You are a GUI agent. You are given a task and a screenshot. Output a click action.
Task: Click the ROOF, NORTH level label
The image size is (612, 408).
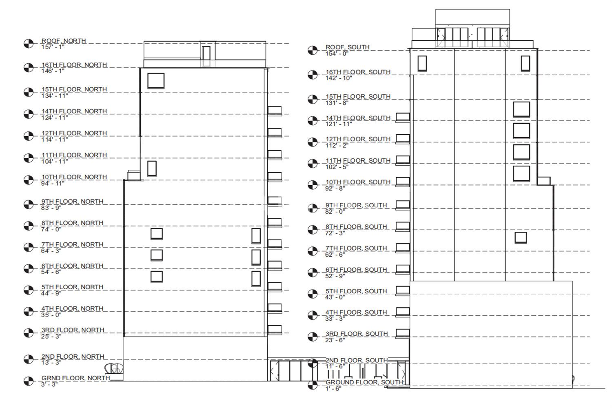click(x=64, y=41)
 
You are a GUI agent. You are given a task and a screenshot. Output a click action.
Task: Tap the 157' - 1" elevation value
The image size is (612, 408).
click(x=53, y=47)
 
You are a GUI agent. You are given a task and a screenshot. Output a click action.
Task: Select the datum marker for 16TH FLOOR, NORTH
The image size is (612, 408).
click(x=29, y=67)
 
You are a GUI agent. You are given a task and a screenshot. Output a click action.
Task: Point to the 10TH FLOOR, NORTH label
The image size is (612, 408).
click(x=74, y=177)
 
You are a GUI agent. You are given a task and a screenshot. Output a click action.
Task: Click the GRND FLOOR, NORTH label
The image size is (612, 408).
click(x=75, y=378)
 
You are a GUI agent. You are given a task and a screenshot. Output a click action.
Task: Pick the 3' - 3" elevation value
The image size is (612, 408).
click(x=49, y=384)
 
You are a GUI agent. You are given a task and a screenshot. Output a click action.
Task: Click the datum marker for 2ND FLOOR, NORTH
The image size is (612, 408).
click(x=29, y=359)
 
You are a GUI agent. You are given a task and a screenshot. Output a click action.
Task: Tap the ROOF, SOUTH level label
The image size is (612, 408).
click(x=347, y=47)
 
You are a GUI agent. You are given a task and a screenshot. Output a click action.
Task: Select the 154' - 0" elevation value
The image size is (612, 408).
click(x=337, y=53)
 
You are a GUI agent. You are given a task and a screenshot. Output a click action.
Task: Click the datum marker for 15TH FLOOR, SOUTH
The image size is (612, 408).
click(x=313, y=99)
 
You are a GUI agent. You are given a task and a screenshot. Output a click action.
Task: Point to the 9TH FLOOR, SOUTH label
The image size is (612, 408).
click(x=356, y=205)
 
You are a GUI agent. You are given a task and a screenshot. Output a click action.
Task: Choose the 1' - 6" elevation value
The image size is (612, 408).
click(x=333, y=388)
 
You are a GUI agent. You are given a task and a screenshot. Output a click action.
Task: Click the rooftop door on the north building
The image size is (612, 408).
click(x=206, y=53)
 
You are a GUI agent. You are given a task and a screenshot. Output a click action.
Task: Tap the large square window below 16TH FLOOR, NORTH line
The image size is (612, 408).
click(x=156, y=81)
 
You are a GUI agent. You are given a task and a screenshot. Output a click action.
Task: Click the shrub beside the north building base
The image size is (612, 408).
click(x=114, y=369)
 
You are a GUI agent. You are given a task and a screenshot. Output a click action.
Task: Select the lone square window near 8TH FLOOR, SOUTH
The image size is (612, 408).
click(x=521, y=237)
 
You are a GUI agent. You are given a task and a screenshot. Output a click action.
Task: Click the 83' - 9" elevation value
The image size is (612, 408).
click(x=51, y=208)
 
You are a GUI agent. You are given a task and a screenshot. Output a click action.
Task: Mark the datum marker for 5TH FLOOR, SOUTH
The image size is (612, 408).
click(x=313, y=294)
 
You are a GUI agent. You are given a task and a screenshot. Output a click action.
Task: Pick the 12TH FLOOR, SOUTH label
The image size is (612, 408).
click(x=358, y=139)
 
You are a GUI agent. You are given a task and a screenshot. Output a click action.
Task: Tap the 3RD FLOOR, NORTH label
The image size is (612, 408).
click(x=73, y=330)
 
